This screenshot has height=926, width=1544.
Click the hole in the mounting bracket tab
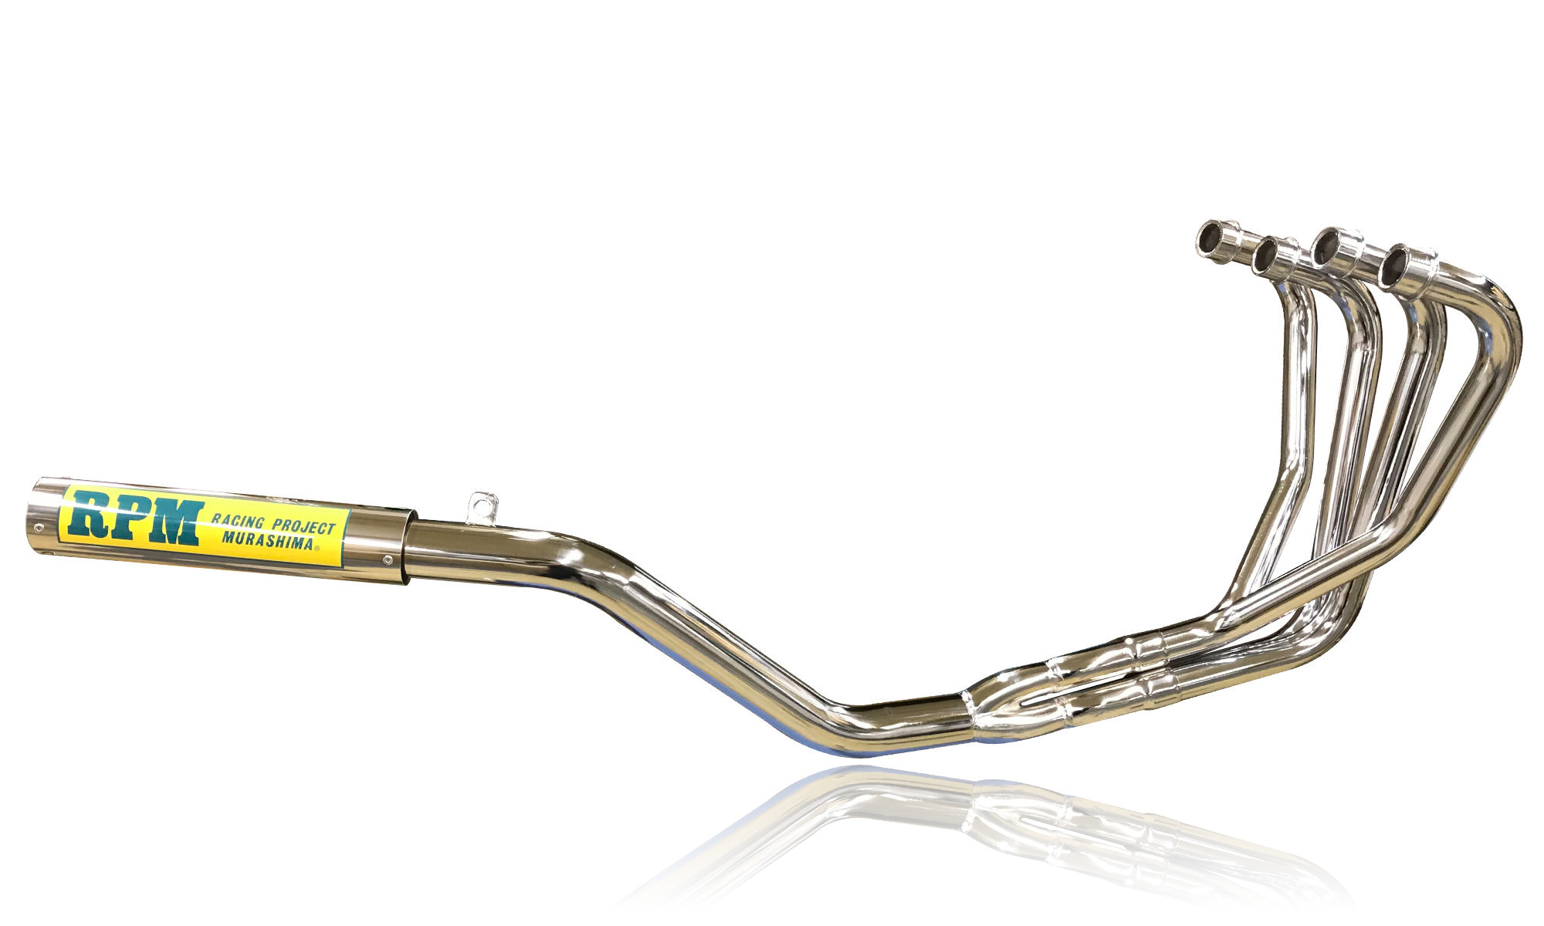(x=483, y=505)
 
